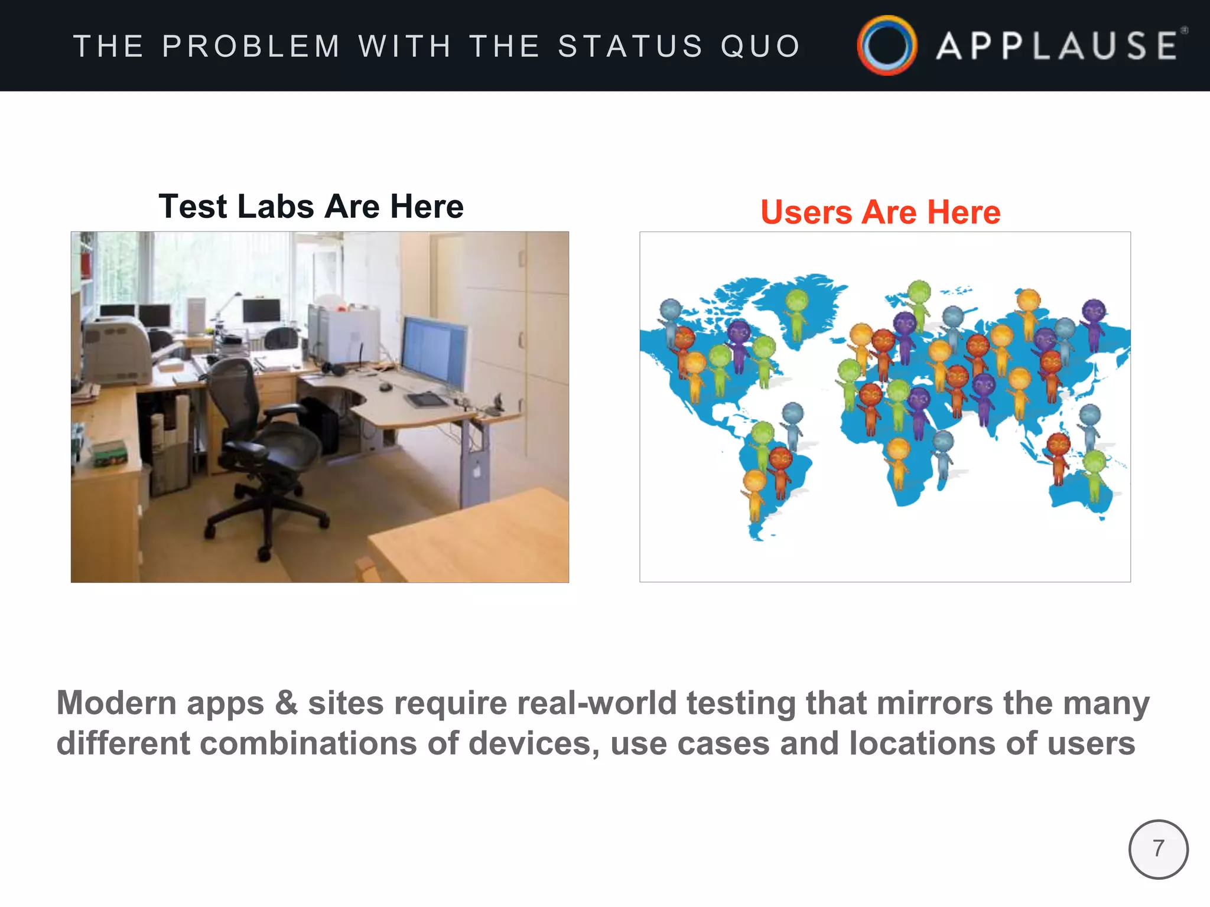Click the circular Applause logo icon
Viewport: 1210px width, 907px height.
click(x=887, y=45)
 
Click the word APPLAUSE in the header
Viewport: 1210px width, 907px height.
click(x=1058, y=46)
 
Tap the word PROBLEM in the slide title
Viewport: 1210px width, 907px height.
click(x=251, y=46)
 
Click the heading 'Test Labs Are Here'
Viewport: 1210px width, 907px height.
click(x=311, y=206)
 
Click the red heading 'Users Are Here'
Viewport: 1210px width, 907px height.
click(x=880, y=212)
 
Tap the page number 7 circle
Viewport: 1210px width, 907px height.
click(x=1158, y=849)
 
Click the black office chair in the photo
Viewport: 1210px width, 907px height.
click(x=260, y=449)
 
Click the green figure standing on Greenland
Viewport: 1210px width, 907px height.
click(x=797, y=313)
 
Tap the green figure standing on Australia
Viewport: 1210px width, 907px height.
click(x=1094, y=472)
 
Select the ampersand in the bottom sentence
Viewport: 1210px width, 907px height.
click(x=286, y=703)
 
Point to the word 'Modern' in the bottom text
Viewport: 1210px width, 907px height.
click(x=116, y=703)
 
